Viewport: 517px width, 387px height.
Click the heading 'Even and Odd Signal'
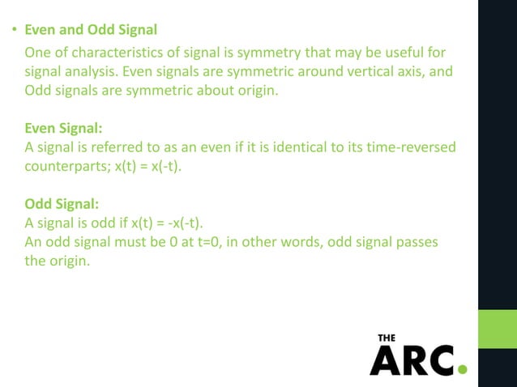point(91,31)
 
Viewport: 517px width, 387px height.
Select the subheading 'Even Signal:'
point(63,129)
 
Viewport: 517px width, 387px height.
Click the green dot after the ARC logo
point(463,370)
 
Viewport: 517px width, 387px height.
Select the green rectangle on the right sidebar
point(498,329)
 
